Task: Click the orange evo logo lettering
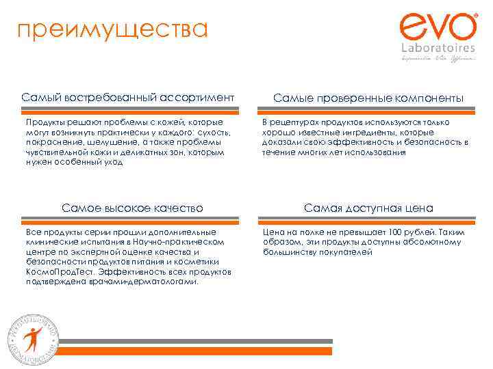coord(438,28)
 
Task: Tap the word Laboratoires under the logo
coord(438,49)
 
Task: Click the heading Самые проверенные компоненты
coord(368,98)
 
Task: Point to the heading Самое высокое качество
coord(132,207)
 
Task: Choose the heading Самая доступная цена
coord(368,208)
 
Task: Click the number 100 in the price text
coord(395,232)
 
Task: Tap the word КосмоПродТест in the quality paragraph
coord(56,271)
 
